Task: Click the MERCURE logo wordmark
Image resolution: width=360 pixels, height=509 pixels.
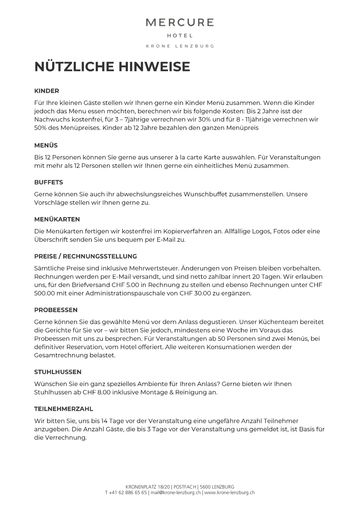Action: tap(180, 23)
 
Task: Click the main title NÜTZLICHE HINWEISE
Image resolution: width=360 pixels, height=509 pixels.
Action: tap(112, 67)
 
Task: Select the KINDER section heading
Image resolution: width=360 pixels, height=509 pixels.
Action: tap(47, 91)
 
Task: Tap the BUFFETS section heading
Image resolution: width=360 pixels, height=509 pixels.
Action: tap(49, 182)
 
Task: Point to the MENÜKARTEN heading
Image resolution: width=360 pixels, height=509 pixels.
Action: tap(57, 219)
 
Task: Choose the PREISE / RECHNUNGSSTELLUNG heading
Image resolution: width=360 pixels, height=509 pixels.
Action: tap(85, 256)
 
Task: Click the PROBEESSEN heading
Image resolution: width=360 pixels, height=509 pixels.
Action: tap(56, 310)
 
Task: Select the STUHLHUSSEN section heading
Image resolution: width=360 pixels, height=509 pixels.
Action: tap(58, 372)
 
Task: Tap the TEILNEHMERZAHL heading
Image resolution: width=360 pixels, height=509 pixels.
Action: tap(64, 409)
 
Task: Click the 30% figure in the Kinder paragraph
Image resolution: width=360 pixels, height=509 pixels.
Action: tap(201, 120)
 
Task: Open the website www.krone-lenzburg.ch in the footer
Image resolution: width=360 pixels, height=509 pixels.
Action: tap(229, 493)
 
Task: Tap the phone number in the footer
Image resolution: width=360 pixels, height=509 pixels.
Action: tap(126, 493)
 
